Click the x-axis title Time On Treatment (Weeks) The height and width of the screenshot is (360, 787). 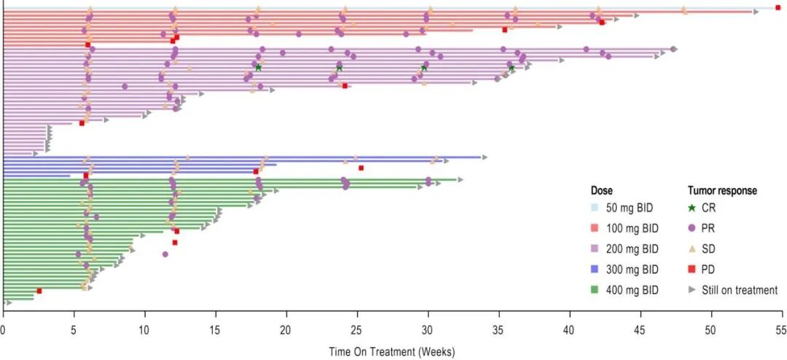[x=392, y=352]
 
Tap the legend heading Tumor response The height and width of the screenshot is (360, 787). [x=722, y=191]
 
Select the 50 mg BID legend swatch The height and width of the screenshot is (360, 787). [x=596, y=208]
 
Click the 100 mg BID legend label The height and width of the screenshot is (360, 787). [x=635, y=228]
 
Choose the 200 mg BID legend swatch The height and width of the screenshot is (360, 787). [x=596, y=249]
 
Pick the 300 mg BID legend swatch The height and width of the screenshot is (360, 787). [x=596, y=269]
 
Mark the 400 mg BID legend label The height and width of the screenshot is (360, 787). [x=635, y=290]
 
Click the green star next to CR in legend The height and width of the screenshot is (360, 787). [x=692, y=208]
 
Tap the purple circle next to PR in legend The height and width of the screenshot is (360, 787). [x=692, y=228]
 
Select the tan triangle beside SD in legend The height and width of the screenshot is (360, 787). [x=692, y=249]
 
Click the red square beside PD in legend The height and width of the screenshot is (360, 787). [x=692, y=269]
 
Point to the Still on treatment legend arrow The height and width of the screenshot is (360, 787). [x=692, y=290]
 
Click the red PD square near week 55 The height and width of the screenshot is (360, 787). [x=778, y=7]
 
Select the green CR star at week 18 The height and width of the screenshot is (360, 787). [x=258, y=68]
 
